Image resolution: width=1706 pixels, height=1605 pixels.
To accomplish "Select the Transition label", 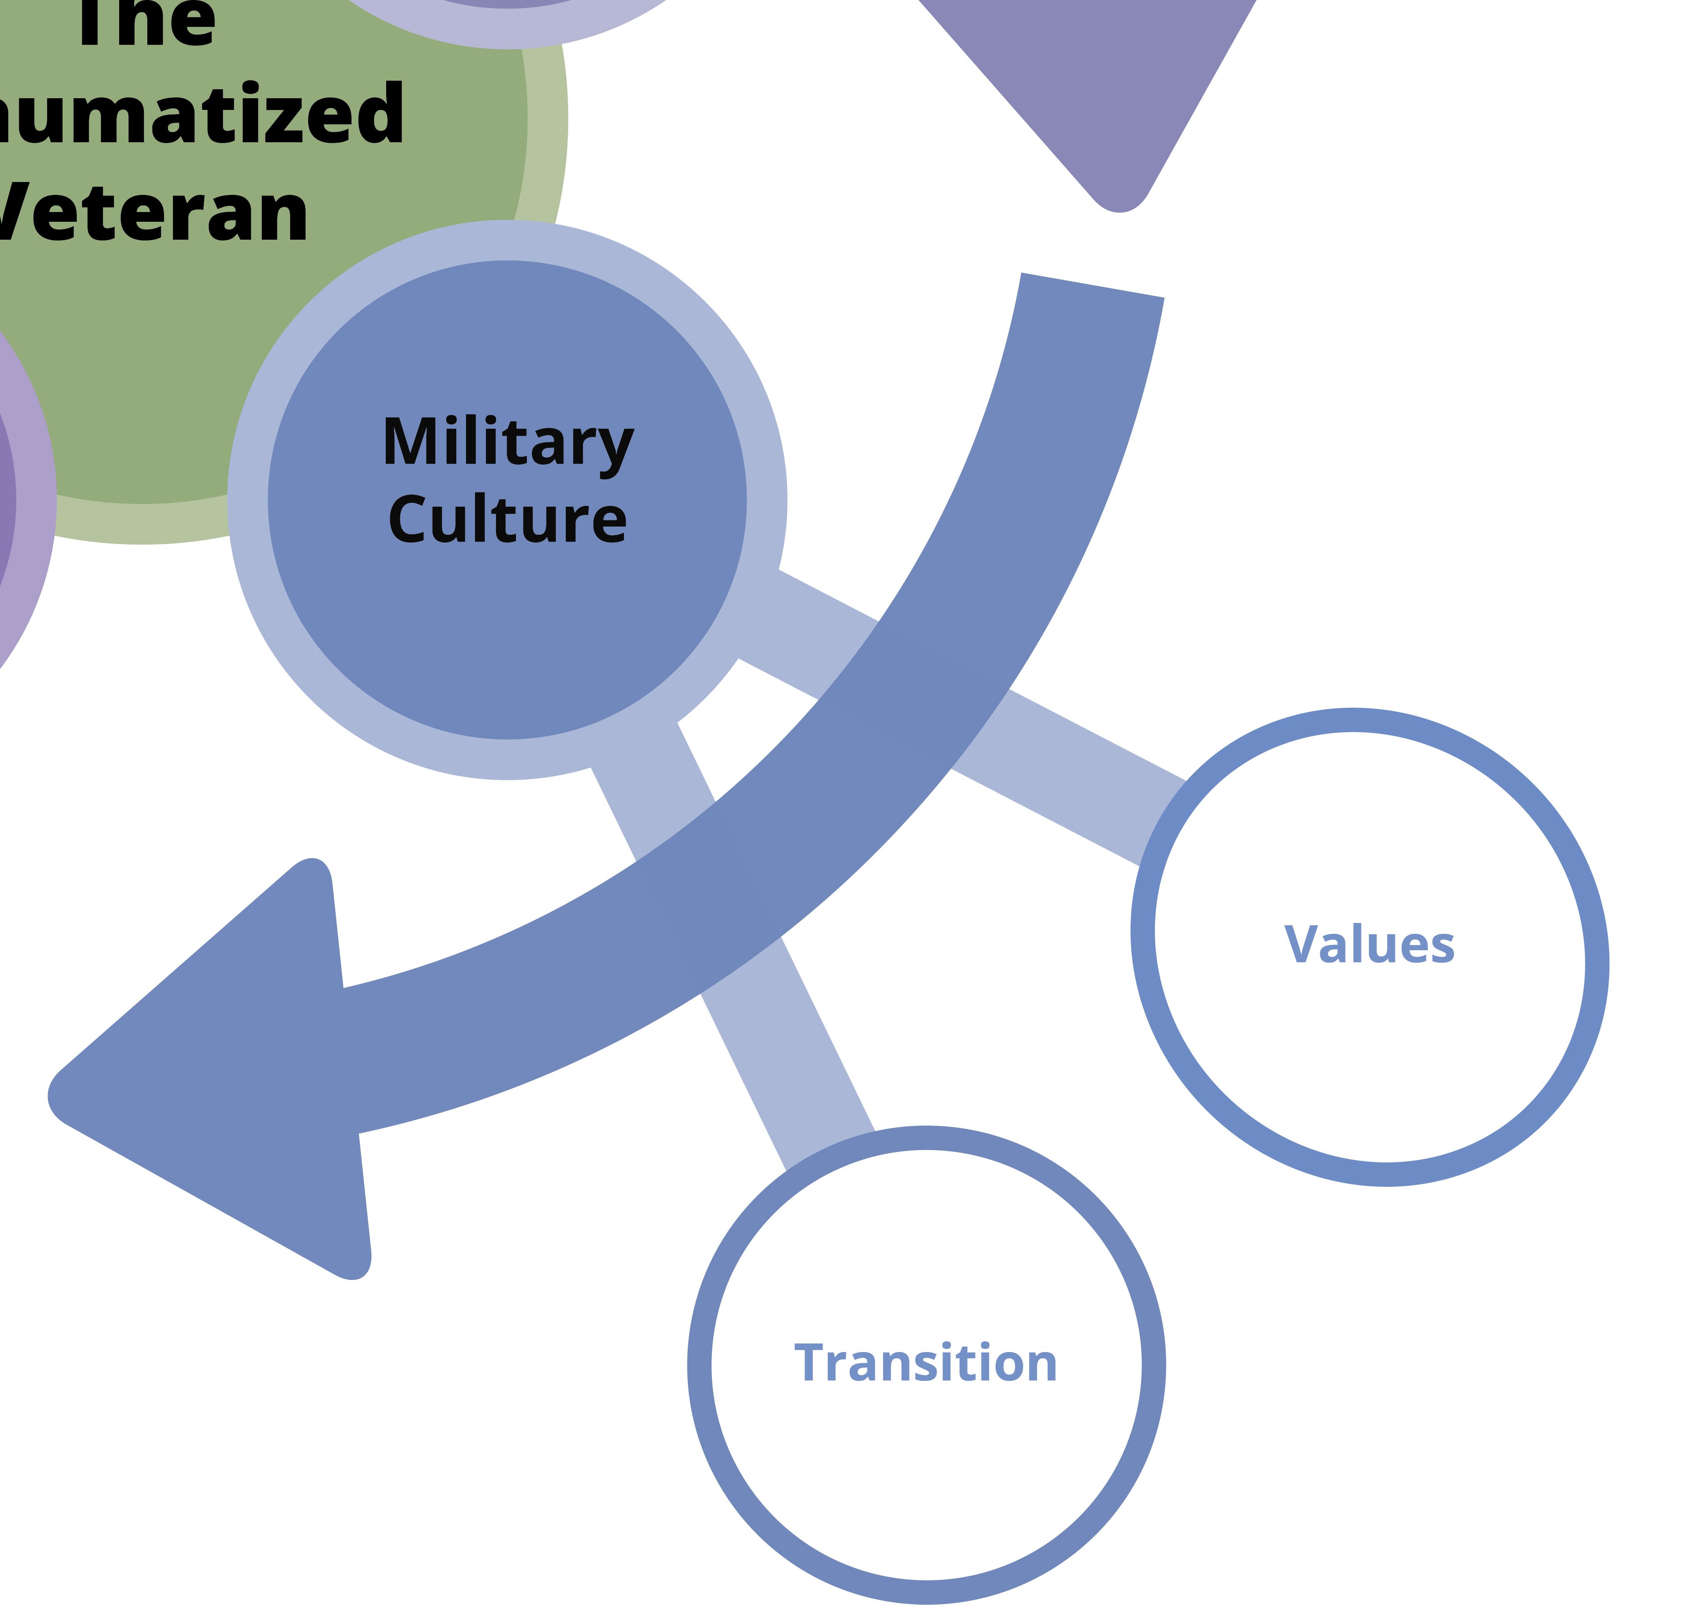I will click(926, 1363).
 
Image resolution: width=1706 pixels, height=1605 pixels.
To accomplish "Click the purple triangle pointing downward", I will click(1090, 77).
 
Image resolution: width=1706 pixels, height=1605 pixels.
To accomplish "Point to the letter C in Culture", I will click(410, 519).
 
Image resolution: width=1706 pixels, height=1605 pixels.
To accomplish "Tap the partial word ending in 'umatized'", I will click(198, 114).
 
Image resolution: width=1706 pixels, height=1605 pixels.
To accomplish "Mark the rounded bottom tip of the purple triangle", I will click(1120, 202).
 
